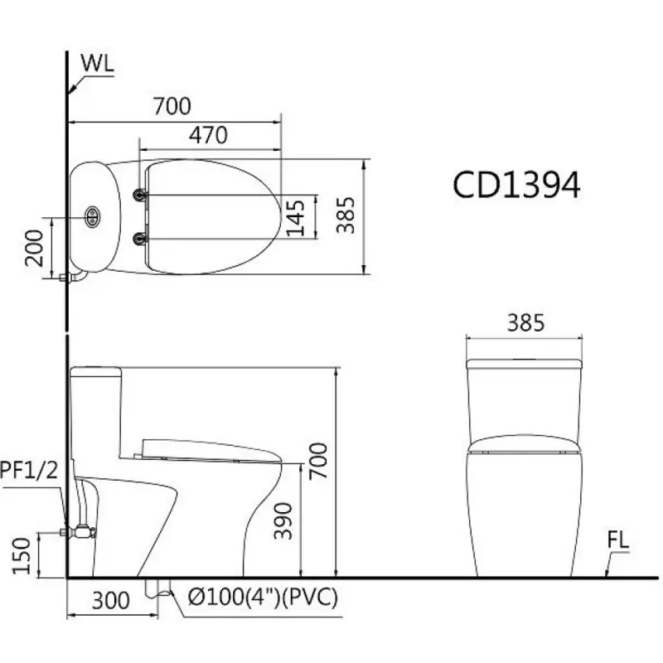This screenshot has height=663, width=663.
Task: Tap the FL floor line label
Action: coord(617,540)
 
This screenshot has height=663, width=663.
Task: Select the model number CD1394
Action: coord(515,185)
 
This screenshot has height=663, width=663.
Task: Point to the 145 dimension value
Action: coord(296,216)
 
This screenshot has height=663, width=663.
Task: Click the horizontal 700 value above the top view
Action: coord(172,106)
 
